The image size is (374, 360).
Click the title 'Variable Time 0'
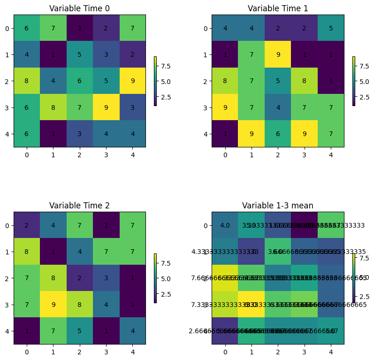(79, 8)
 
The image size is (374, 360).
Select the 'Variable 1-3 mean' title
(277, 206)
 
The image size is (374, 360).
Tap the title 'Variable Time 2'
(79, 206)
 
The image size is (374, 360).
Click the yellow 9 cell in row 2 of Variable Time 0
(132, 81)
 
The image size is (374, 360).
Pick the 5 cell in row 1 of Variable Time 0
(79, 54)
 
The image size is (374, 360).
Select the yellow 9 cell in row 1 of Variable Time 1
(278, 54)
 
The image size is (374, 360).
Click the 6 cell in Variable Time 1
(278, 134)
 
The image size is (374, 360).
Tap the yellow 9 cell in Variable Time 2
(53, 304)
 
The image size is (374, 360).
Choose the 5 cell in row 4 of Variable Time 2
(79, 331)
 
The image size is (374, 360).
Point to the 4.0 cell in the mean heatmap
(225, 225)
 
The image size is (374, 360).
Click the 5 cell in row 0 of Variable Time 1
(331, 28)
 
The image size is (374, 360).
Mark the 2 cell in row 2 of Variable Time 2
(79, 278)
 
